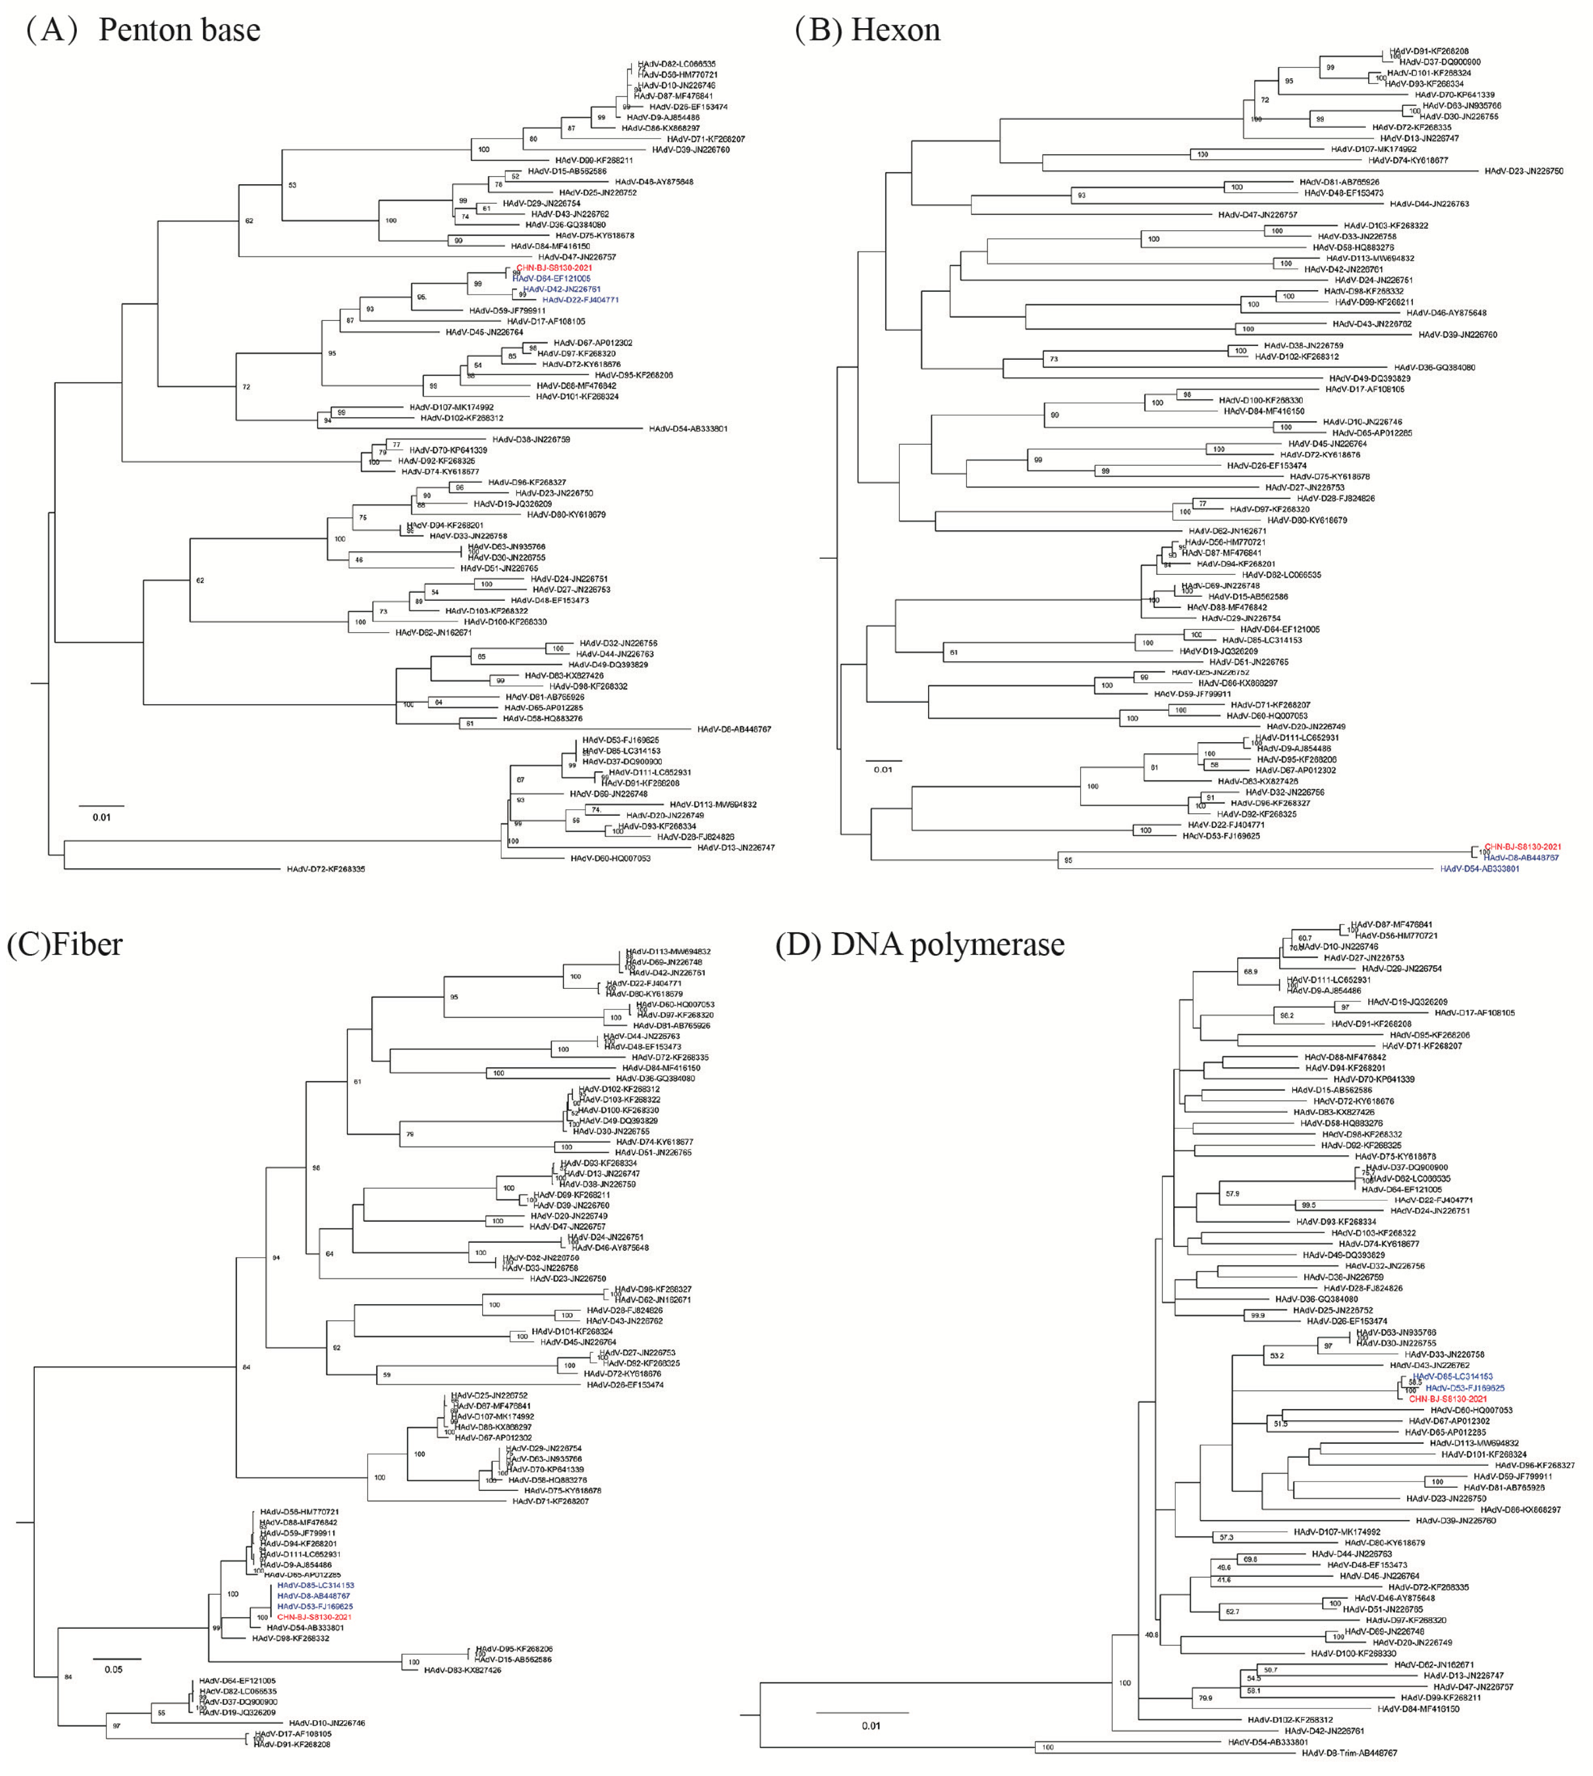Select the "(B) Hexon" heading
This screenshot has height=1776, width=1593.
(867, 30)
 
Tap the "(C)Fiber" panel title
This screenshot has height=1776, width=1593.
(65, 944)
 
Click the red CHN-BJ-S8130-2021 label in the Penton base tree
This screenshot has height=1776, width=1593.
(554, 268)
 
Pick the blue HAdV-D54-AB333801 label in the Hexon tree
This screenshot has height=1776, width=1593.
(1479, 869)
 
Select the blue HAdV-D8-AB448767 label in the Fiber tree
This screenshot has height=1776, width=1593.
(313, 1596)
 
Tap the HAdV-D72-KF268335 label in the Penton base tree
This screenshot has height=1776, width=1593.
(326, 869)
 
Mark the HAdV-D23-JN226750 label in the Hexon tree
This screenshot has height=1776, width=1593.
(1523, 171)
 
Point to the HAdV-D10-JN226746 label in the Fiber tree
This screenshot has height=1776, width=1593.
(327, 1723)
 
